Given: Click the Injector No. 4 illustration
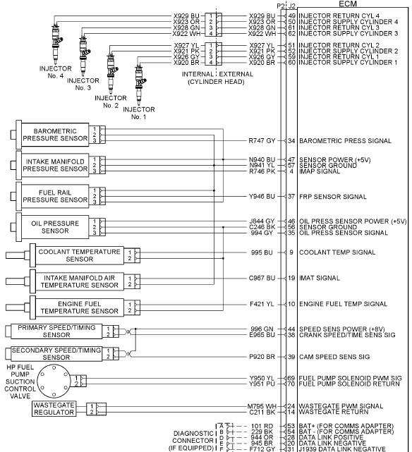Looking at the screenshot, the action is [56, 43].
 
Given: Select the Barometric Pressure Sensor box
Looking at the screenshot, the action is [55, 135].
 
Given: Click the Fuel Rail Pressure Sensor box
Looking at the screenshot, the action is [55, 196].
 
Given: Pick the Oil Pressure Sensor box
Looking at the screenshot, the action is [55, 227].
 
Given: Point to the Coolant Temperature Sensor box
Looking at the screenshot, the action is [80, 255].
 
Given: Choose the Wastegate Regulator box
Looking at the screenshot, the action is [54, 409].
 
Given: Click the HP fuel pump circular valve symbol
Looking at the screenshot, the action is [54, 381].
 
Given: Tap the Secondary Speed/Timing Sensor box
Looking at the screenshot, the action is [56, 354].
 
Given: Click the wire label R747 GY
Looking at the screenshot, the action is [262, 141].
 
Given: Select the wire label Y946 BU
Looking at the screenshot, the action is [262, 197].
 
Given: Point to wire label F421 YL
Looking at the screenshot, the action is [262, 304].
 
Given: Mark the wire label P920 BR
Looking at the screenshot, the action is [262, 357].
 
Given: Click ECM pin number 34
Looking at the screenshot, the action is [291, 141].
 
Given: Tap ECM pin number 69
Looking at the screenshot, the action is [291, 378].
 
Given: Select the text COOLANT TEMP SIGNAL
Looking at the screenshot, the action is [337, 252].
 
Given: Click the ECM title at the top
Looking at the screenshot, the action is [348, 4].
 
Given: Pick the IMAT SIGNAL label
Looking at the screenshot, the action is [320, 278].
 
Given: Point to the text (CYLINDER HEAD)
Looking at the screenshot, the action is [217, 82].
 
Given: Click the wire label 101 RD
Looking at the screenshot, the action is [262, 427].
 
